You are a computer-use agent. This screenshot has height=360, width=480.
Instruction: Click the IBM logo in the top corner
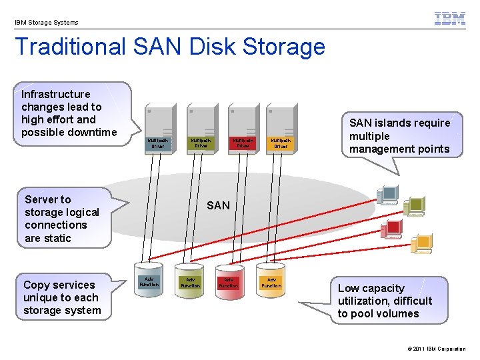pos(450,19)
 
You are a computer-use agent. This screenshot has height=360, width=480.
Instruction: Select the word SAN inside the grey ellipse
pos(218,205)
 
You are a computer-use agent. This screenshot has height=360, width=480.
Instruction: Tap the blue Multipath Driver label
pos(158,143)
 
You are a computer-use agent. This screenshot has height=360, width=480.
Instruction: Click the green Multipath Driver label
pos(200,143)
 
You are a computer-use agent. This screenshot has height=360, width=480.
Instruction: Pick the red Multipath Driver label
pos(242,143)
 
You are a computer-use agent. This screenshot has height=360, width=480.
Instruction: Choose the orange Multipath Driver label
pos(280,143)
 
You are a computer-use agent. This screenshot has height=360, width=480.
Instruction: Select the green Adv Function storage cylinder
pos(190,283)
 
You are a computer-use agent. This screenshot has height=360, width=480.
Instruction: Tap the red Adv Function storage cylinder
pos(229,283)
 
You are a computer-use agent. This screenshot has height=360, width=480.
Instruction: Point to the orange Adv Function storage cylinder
pos(271,283)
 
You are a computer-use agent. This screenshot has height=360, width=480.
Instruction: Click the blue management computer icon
pos(387,194)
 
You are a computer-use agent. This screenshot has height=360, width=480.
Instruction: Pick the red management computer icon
pos(391,229)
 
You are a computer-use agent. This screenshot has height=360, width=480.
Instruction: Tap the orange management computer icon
pos(421,244)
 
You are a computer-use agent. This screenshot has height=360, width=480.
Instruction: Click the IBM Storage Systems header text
pos(46,23)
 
